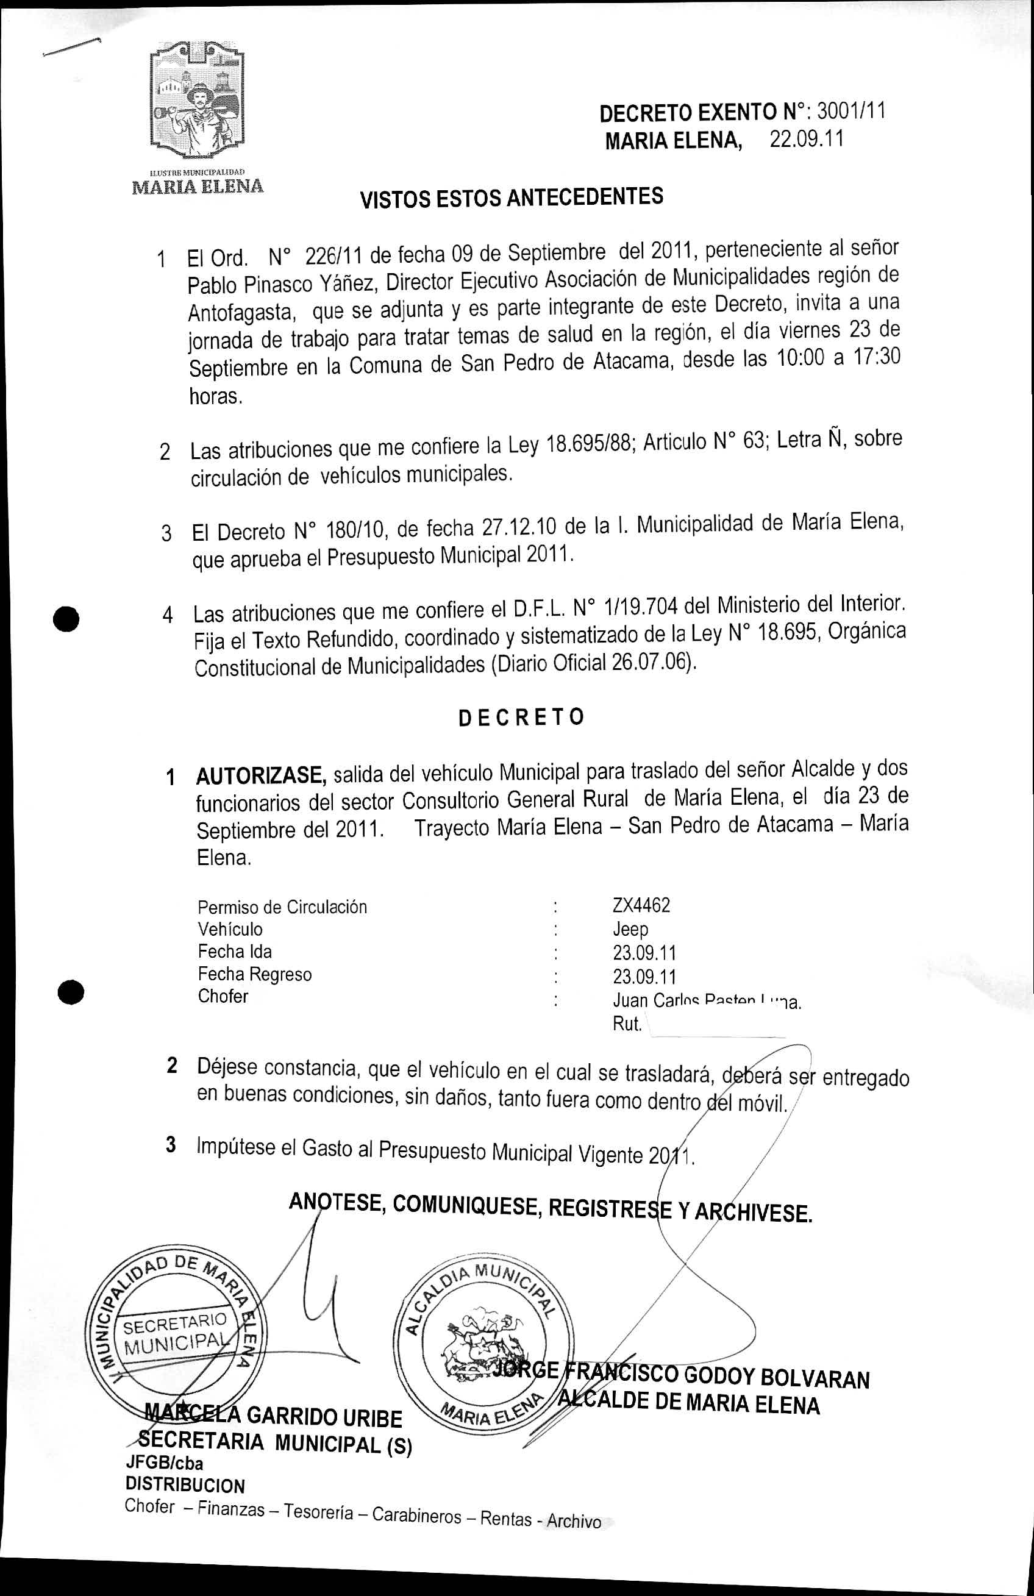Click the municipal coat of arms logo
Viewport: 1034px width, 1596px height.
pyautogui.click(x=196, y=98)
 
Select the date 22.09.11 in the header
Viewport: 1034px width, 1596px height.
pyautogui.click(x=806, y=140)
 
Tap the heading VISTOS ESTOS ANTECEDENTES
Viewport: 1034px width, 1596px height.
pyautogui.click(x=512, y=198)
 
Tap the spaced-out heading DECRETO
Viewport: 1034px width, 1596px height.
pyautogui.click(x=521, y=718)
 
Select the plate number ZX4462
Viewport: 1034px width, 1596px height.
pyautogui.click(x=641, y=905)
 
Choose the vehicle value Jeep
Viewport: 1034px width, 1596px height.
pyautogui.click(x=630, y=930)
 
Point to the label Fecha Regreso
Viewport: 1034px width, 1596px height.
pyautogui.click(x=254, y=974)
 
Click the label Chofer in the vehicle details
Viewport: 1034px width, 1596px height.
pyautogui.click(x=223, y=996)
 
